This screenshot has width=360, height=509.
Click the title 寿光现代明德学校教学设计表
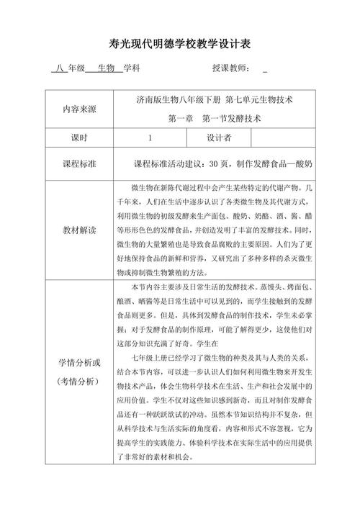(x=180, y=44)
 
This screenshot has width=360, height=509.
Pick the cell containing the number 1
(x=150, y=138)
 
